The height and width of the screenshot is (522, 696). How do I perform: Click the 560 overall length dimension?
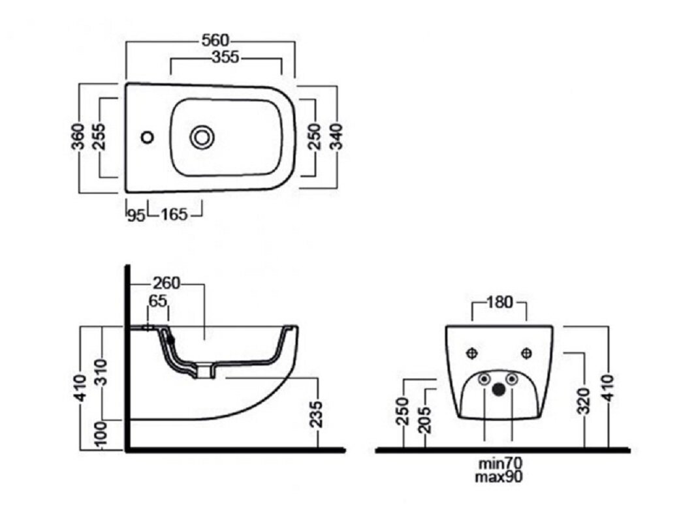(x=215, y=40)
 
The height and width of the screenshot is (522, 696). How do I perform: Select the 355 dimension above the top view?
(x=225, y=57)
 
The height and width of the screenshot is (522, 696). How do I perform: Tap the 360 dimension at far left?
(x=78, y=138)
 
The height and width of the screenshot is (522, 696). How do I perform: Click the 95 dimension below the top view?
(x=136, y=215)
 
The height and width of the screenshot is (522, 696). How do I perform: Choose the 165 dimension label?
(x=174, y=215)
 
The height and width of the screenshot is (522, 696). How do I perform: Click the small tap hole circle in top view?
(x=148, y=138)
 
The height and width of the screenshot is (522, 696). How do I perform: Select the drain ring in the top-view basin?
(x=202, y=138)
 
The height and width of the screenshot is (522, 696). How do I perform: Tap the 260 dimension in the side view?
(x=166, y=283)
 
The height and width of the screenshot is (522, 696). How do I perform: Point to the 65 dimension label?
(x=157, y=301)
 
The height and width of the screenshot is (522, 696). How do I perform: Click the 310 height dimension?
(x=102, y=373)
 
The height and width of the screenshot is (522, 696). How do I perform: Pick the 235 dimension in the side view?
(x=316, y=414)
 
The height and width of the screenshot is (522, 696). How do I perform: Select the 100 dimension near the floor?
(x=102, y=434)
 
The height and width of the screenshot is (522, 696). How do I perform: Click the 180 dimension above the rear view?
(x=500, y=303)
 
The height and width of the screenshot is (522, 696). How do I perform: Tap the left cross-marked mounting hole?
(x=472, y=353)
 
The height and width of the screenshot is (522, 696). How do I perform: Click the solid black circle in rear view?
(x=499, y=390)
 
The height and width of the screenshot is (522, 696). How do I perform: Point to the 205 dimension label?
(x=425, y=420)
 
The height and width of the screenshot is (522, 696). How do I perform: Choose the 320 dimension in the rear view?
(x=584, y=401)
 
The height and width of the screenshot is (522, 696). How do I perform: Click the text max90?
(x=499, y=477)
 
